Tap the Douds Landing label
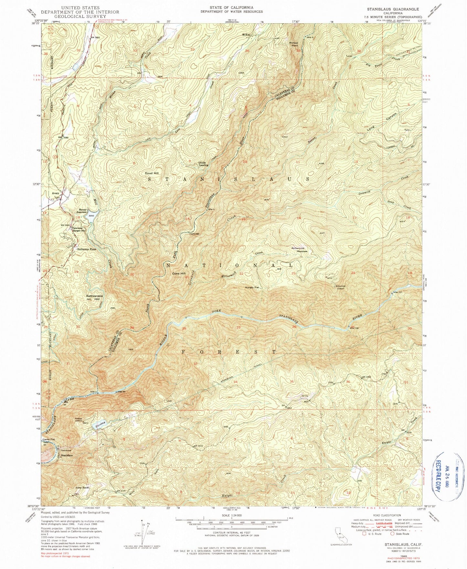[203, 164]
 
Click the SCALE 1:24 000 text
[231, 516]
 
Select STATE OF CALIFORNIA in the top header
[231, 7]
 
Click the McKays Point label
[293, 44]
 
